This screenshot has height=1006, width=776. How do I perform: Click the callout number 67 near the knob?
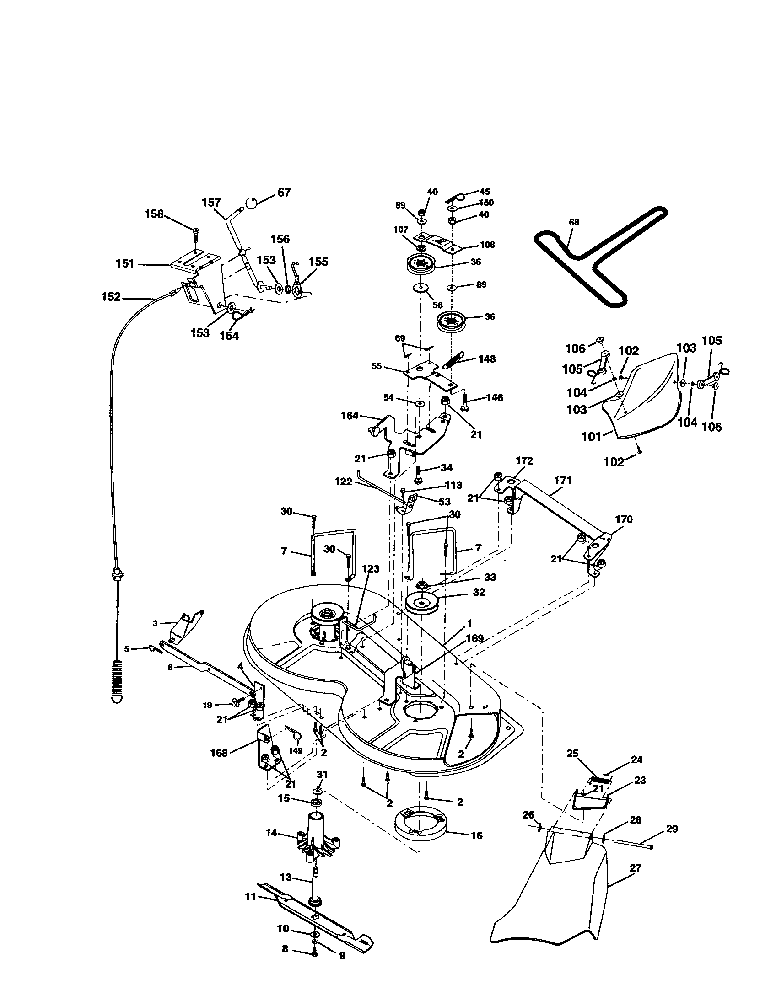click(x=284, y=192)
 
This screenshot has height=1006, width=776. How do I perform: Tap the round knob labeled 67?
click(x=251, y=203)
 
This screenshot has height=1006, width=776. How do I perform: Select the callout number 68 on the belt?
click(x=574, y=223)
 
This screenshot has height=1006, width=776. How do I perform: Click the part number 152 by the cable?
click(x=111, y=297)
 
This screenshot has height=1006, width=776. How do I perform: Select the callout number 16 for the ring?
click(x=477, y=835)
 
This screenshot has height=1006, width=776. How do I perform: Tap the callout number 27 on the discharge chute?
click(x=635, y=868)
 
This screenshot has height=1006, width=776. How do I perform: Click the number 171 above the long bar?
click(x=563, y=481)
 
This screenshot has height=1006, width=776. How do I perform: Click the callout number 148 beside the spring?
click(x=487, y=359)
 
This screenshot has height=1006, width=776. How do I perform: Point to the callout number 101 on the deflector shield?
click(x=591, y=436)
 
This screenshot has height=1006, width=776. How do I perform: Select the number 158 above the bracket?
click(x=154, y=214)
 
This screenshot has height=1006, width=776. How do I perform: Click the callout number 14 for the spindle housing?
click(x=271, y=832)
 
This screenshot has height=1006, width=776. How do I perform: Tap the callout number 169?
click(x=474, y=638)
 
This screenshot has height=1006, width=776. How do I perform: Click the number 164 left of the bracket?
click(x=349, y=416)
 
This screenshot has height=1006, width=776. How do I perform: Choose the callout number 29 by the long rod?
click(x=672, y=829)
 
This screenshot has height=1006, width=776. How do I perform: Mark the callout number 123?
click(x=370, y=569)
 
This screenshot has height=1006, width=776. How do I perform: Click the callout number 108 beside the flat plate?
click(x=487, y=245)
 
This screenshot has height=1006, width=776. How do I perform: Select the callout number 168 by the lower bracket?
click(x=219, y=753)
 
